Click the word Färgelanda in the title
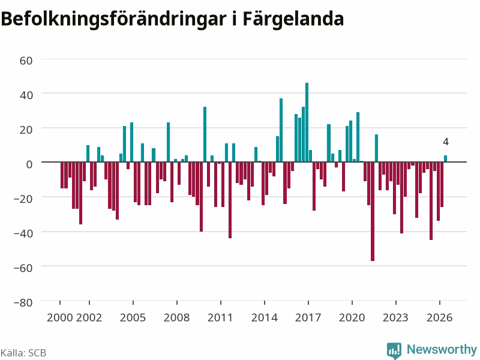click(293, 19)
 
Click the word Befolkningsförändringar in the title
click(113, 19)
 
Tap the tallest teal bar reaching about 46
click(307, 122)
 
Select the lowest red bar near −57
click(373, 211)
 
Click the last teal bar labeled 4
click(445, 158)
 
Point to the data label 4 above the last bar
click(446, 142)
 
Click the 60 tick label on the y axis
click(26, 61)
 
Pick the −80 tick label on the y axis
click(23, 302)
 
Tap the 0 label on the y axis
click(29, 164)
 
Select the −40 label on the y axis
click(23, 233)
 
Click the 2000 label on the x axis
click(59, 317)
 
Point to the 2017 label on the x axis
click(308, 317)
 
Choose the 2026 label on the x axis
click(439, 317)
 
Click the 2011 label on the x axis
click(220, 317)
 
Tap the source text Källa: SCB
click(23, 353)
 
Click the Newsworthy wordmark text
click(442, 349)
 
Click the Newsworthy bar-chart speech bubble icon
click(394, 350)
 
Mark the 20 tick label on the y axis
click(26, 130)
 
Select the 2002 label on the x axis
click(89, 317)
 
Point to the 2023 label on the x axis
click(395, 317)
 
